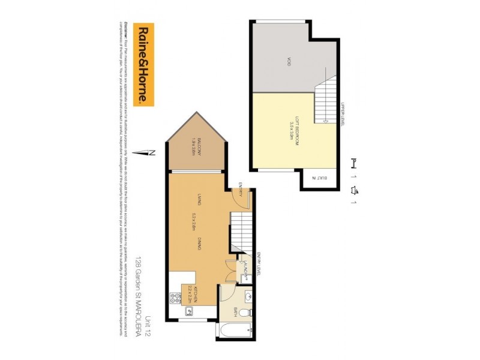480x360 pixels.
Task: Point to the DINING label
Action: [198, 243]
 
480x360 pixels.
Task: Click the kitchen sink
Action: [188, 311]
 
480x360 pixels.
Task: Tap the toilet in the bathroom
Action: [250, 313]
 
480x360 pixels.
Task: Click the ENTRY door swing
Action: [238, 199]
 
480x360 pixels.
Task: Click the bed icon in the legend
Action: [354, 162]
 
